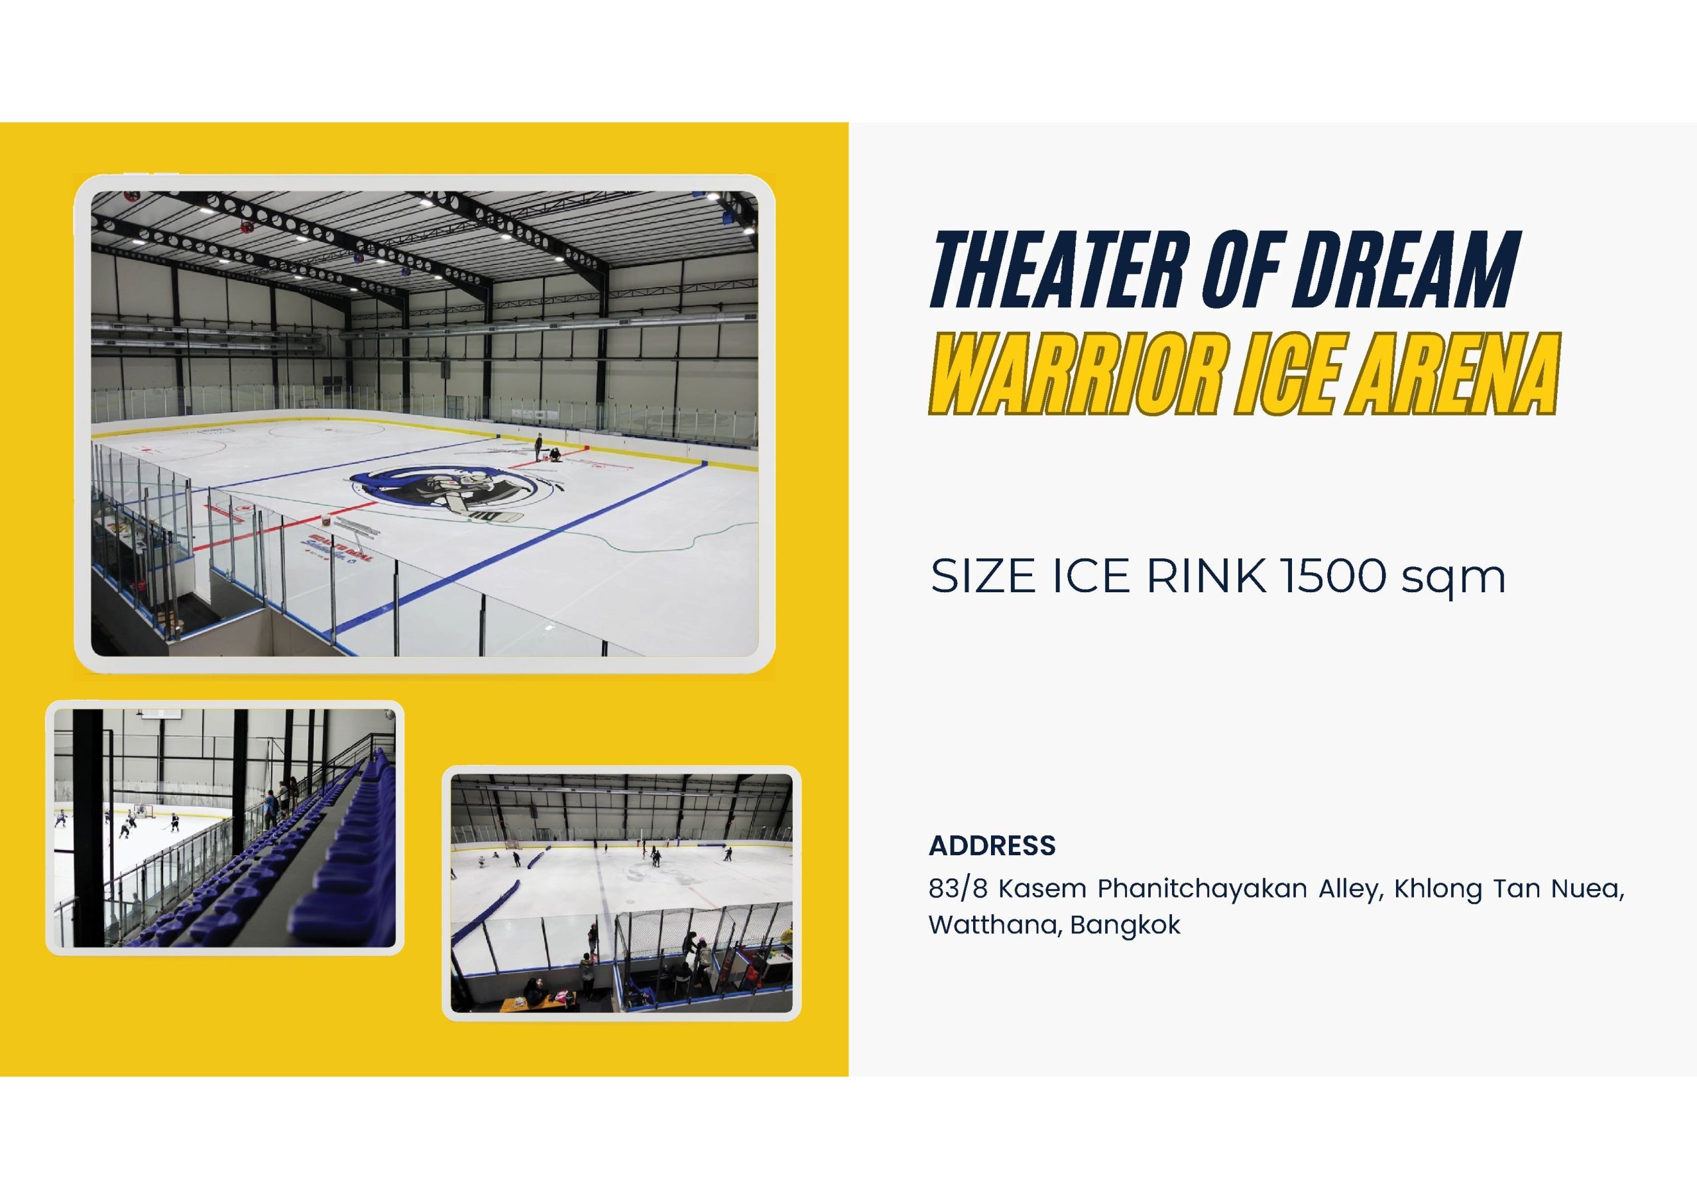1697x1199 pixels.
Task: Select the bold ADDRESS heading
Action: (x=992, y=846)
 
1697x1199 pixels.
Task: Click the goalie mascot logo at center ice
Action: (x=451, y=493)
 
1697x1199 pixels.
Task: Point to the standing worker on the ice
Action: (x=539, y=446)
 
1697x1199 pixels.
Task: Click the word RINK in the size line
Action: (x=1206, y=576)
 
